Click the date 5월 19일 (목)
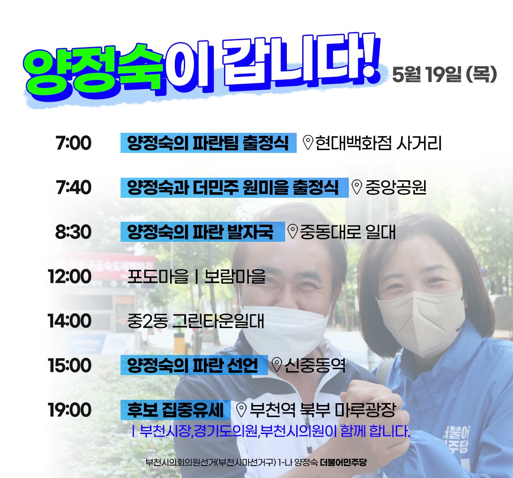444,74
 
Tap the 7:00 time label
73,143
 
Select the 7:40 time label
73,188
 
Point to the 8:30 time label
73,232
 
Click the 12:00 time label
70,276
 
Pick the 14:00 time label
70,321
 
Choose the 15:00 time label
70,365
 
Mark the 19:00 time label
70,410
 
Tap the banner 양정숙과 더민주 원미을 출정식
234,188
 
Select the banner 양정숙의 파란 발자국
202,232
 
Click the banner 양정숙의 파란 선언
194,365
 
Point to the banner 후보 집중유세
176,410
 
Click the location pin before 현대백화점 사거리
308,143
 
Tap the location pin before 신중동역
277,365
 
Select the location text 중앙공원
396,188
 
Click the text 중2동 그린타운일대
196,321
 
